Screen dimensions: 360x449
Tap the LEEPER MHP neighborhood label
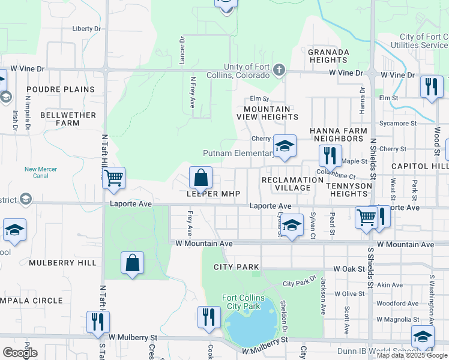coord(213,194)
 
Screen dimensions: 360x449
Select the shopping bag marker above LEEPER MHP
coord(200,178)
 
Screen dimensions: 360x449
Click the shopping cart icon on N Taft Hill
coord(113,178)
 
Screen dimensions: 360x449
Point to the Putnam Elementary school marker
coord(285,146)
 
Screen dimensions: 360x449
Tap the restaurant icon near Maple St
coord(330,156)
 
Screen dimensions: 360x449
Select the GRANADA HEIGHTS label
coord(328,56)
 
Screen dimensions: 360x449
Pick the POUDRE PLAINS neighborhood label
coord(60,89)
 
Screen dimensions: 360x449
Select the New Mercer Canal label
coord(41,173)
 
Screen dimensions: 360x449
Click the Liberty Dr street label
coord(86,28)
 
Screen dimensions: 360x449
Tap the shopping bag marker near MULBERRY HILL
coord(132,263)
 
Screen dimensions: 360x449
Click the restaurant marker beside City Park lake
coord(208,317)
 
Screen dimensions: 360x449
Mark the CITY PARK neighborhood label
coord(239,266)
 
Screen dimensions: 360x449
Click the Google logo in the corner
coord(20,353)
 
